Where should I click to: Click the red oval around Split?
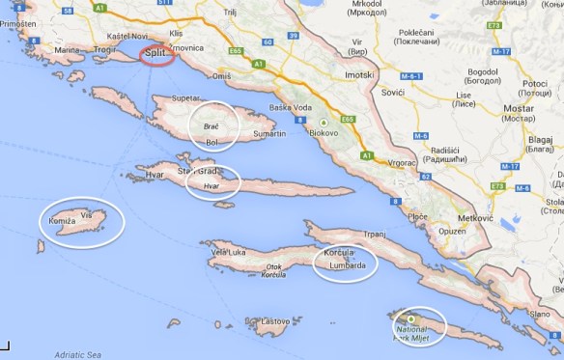click(156, 56)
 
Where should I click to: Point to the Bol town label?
click(212, 143)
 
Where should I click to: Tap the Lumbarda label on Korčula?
click(347, 264)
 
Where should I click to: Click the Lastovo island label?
click(273, 320)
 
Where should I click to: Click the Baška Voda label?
click(294, 107)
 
